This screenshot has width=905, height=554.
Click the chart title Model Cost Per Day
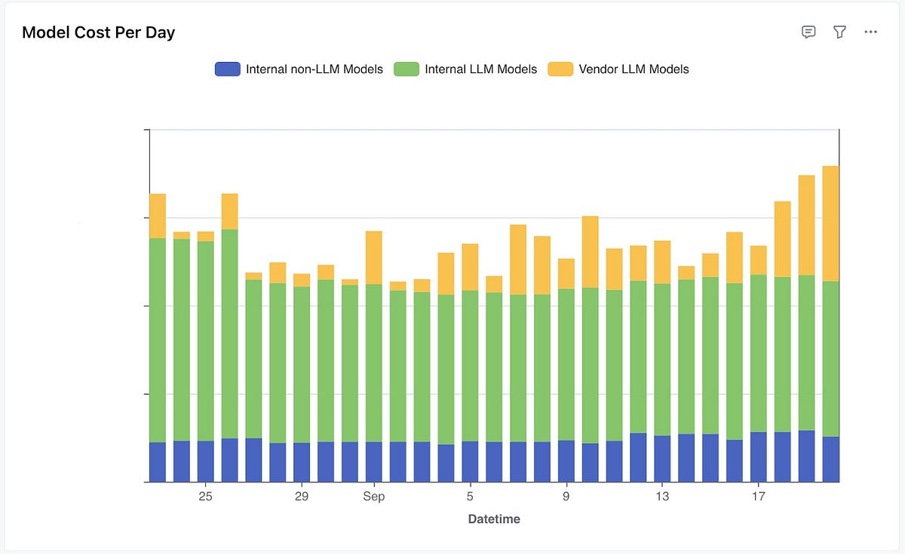click(98, 32)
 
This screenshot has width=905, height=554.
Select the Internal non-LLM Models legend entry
click(314, 69)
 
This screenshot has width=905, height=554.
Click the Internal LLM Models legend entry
click(480, 69)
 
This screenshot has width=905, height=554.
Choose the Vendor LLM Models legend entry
click(633, 69)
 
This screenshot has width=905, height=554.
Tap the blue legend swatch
click(227, 69)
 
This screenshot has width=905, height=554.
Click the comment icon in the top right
click(808, 32)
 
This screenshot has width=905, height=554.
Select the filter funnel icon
click(839, 32)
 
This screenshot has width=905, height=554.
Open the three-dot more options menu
click(870, 32)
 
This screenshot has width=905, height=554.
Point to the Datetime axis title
click(494, 519)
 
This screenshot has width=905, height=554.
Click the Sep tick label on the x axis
click(373, 497)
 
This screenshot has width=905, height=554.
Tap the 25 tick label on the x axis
click(205, 497)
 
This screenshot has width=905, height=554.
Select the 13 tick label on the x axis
click(661, 497)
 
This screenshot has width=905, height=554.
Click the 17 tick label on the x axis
click(758, 497)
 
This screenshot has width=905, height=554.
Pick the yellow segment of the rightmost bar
click(830, 223)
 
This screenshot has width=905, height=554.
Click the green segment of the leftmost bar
click(157, 340)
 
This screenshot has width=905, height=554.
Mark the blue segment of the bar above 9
click(566, 461)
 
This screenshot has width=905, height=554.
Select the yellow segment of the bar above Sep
click(373, 257)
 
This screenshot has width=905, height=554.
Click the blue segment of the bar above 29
click(302, 462)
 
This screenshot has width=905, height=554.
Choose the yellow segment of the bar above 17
click(758, 260)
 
